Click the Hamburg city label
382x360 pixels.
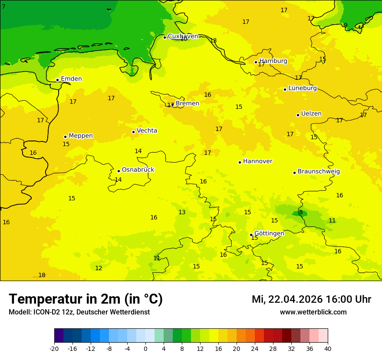click(x=273, y=61)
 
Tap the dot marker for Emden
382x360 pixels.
click(x=57, y=80)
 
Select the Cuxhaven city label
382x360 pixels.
click(x=183, y=36)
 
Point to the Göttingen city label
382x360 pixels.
click(x=269, y=233)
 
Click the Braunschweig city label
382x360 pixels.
click(x=319, y=172)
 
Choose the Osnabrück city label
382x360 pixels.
click(x=138, y=170)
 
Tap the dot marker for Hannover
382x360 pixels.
click(x=240, y=162)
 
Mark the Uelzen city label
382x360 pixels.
click(x=311, y=114)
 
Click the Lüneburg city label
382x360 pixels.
click(x=302, y=88)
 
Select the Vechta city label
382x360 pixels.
click(x=147, y=131)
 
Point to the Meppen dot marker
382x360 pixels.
click(x=65, y=137)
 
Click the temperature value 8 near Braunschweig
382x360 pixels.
click(x=301, y=213)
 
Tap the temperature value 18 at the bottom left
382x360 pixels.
click(x=42, y=275)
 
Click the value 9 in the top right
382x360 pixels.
click(x=346, y=26)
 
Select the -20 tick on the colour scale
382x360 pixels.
click(x=54, y=348)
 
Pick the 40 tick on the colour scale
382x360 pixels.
click(x=328, y=348)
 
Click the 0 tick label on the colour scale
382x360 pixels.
click(x=145, y=348)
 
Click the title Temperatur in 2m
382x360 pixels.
click(x=86, y=299)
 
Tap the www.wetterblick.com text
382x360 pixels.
click(x=313, y=312)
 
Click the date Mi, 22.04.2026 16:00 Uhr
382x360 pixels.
click(x=311, y=299)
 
